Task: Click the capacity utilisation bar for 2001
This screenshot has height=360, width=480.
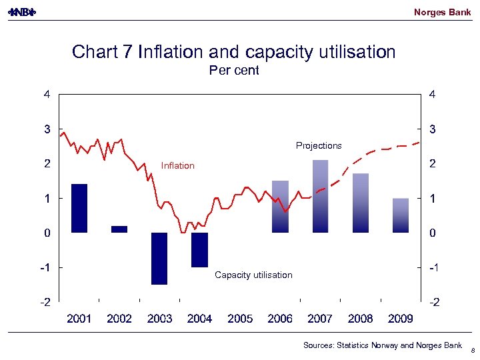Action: point(79,208)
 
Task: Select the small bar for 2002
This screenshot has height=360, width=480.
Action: point(119,229)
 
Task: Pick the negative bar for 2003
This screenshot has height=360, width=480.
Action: point(159,258)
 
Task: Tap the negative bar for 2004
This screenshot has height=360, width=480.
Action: point(199,249)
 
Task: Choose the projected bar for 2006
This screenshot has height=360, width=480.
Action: point(280,207)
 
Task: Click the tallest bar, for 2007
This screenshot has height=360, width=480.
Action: point(320,196)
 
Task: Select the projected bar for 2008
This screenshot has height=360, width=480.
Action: point(361,203)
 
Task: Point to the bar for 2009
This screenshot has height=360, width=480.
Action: point(401,215)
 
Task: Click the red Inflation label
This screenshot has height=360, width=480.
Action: point(178,165)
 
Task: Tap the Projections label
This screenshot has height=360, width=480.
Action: point(319,145)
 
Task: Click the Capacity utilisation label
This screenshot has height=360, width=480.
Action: point(253,275)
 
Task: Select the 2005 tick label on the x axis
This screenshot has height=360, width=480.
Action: point(240,319)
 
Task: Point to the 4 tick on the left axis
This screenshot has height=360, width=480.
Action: point(47,94)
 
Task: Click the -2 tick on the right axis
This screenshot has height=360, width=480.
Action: point(433,302)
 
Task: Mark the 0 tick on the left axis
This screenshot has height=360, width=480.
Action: point(47,233)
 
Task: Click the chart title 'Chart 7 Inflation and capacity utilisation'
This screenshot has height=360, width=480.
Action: point(233,52)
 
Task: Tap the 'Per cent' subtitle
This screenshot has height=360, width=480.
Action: point(234,70)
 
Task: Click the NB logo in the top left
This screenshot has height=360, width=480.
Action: point(21,12)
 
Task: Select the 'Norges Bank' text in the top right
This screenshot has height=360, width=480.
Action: point(442,12)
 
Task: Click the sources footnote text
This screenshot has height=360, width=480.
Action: point(382,345)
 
